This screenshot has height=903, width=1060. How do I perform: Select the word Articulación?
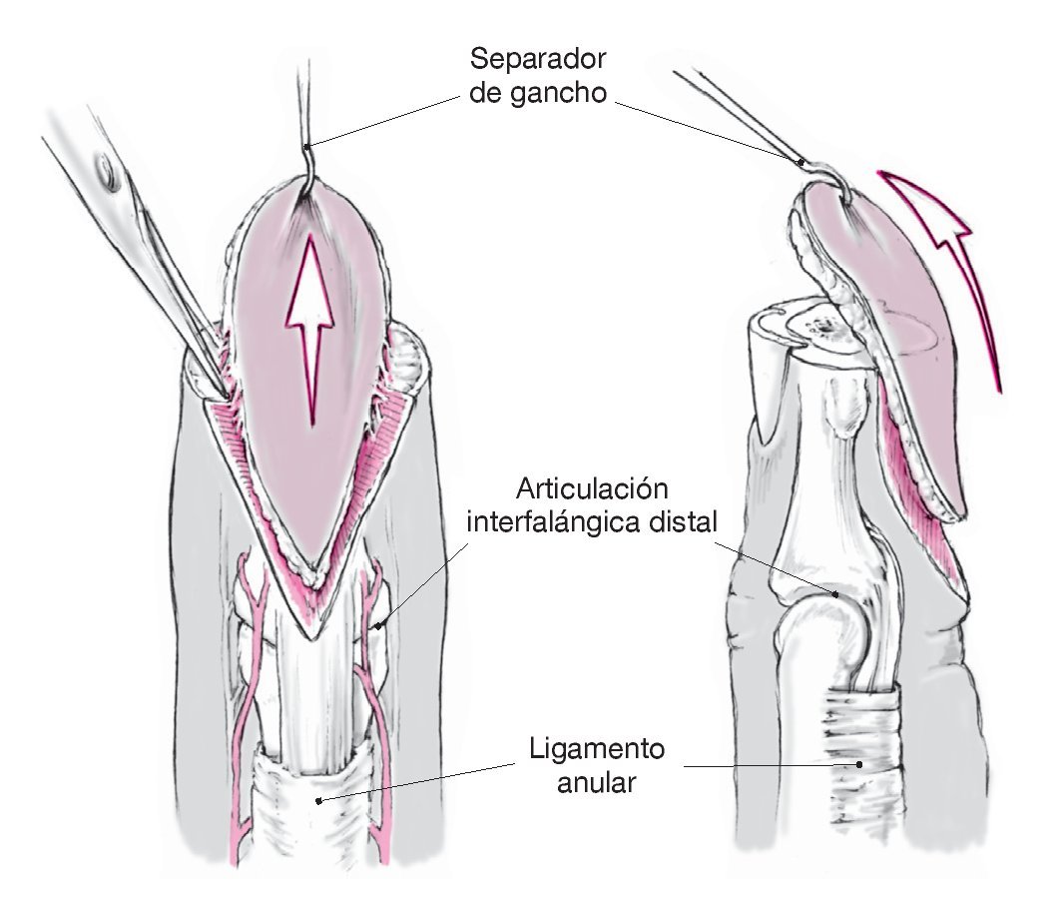(592, 490)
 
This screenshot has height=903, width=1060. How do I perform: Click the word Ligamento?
(596, 749)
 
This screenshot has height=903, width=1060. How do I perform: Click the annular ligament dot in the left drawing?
(317, 800)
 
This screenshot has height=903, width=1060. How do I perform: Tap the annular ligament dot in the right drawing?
(859, 765)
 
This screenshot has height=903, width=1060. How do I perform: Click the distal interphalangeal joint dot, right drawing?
(837, 593)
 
